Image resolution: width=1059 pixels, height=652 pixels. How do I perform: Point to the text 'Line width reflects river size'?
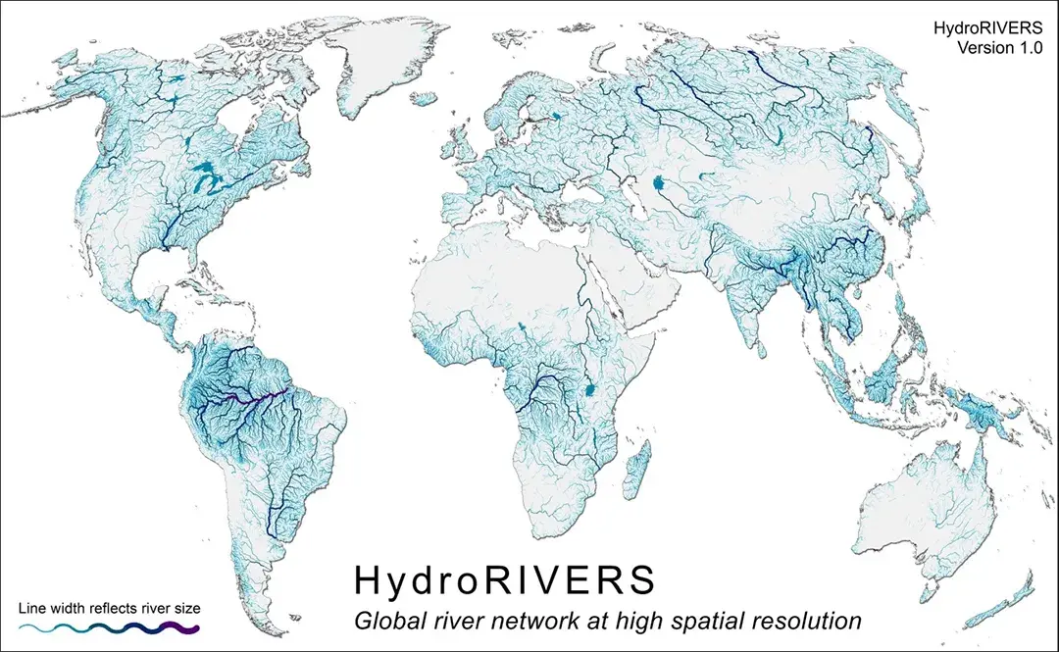[110, 608]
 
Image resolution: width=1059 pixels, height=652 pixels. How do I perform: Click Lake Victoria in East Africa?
[590, 390]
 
